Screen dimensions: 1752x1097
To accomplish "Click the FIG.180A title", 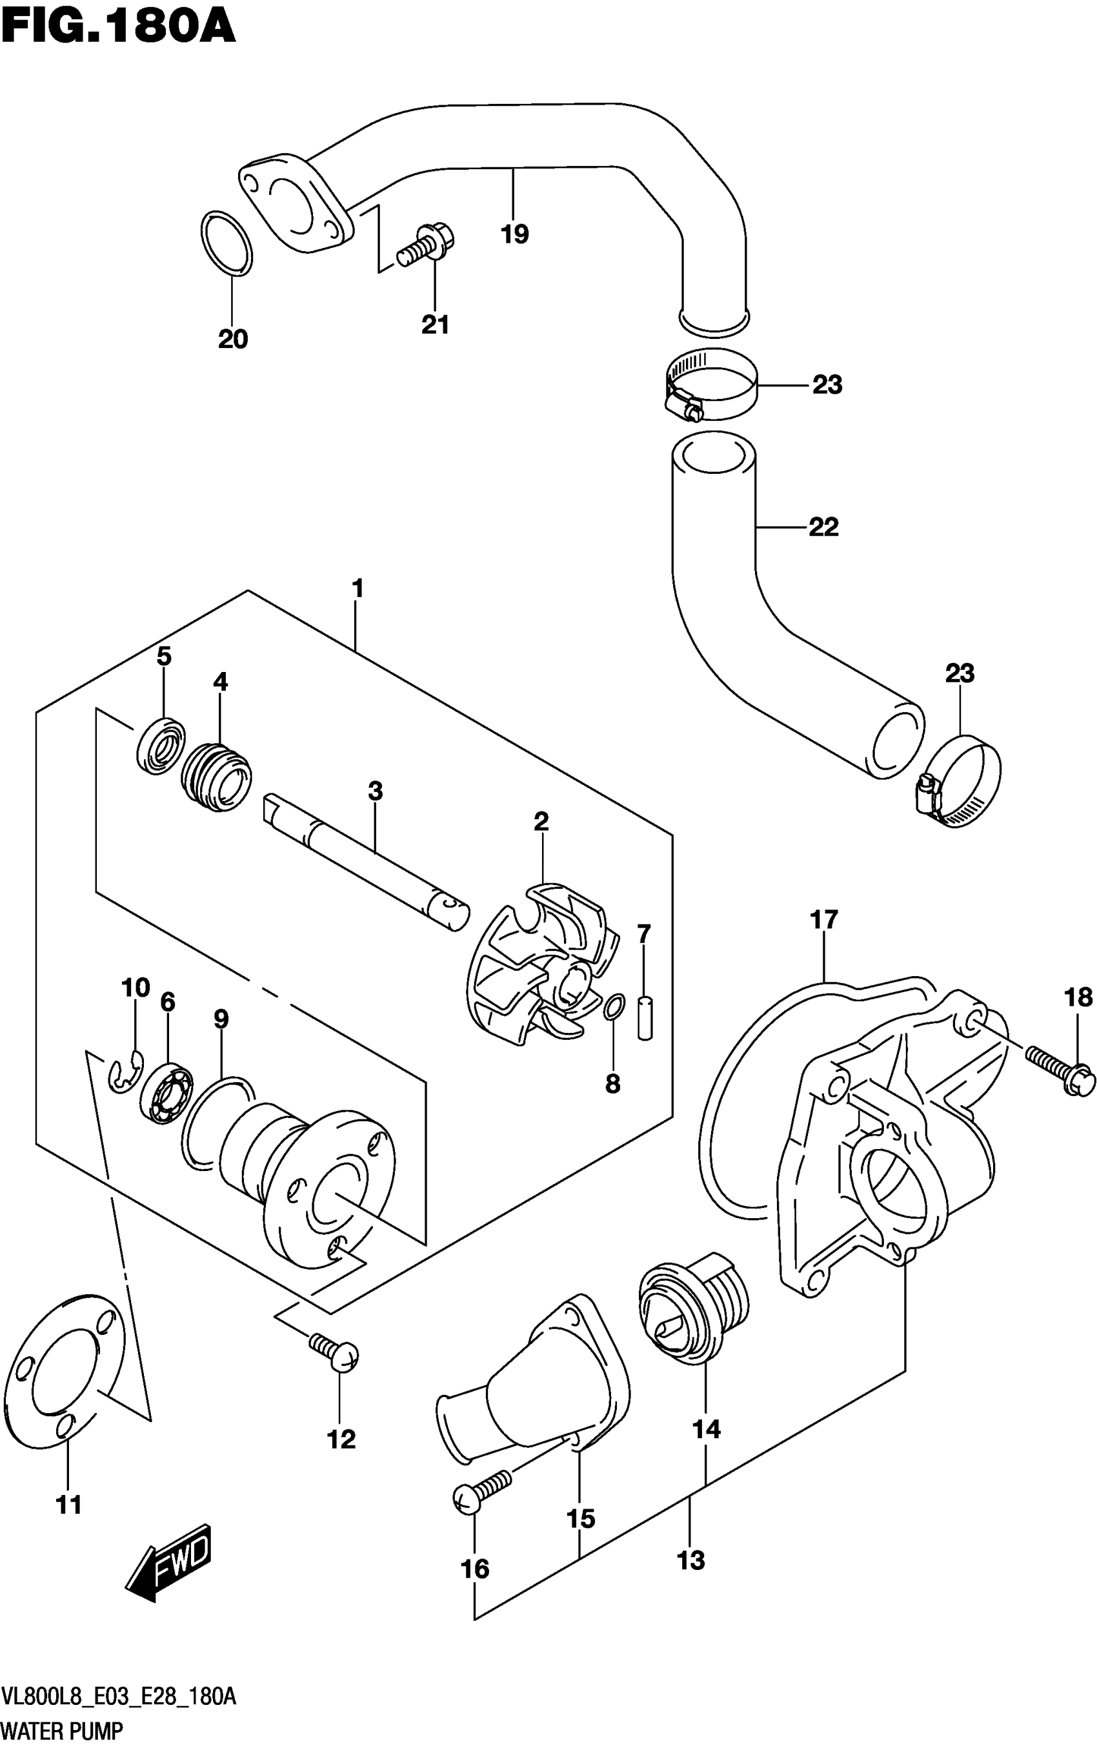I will pos(118,27).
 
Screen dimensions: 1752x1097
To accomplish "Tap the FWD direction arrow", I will pos(169,1563).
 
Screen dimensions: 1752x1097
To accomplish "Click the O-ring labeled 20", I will pos(226,244).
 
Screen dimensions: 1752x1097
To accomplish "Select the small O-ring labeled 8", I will pos(613,1006).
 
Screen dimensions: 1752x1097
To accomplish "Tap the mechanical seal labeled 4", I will pos(216,777).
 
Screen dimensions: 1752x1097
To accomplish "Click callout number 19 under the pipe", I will pos(514,234).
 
